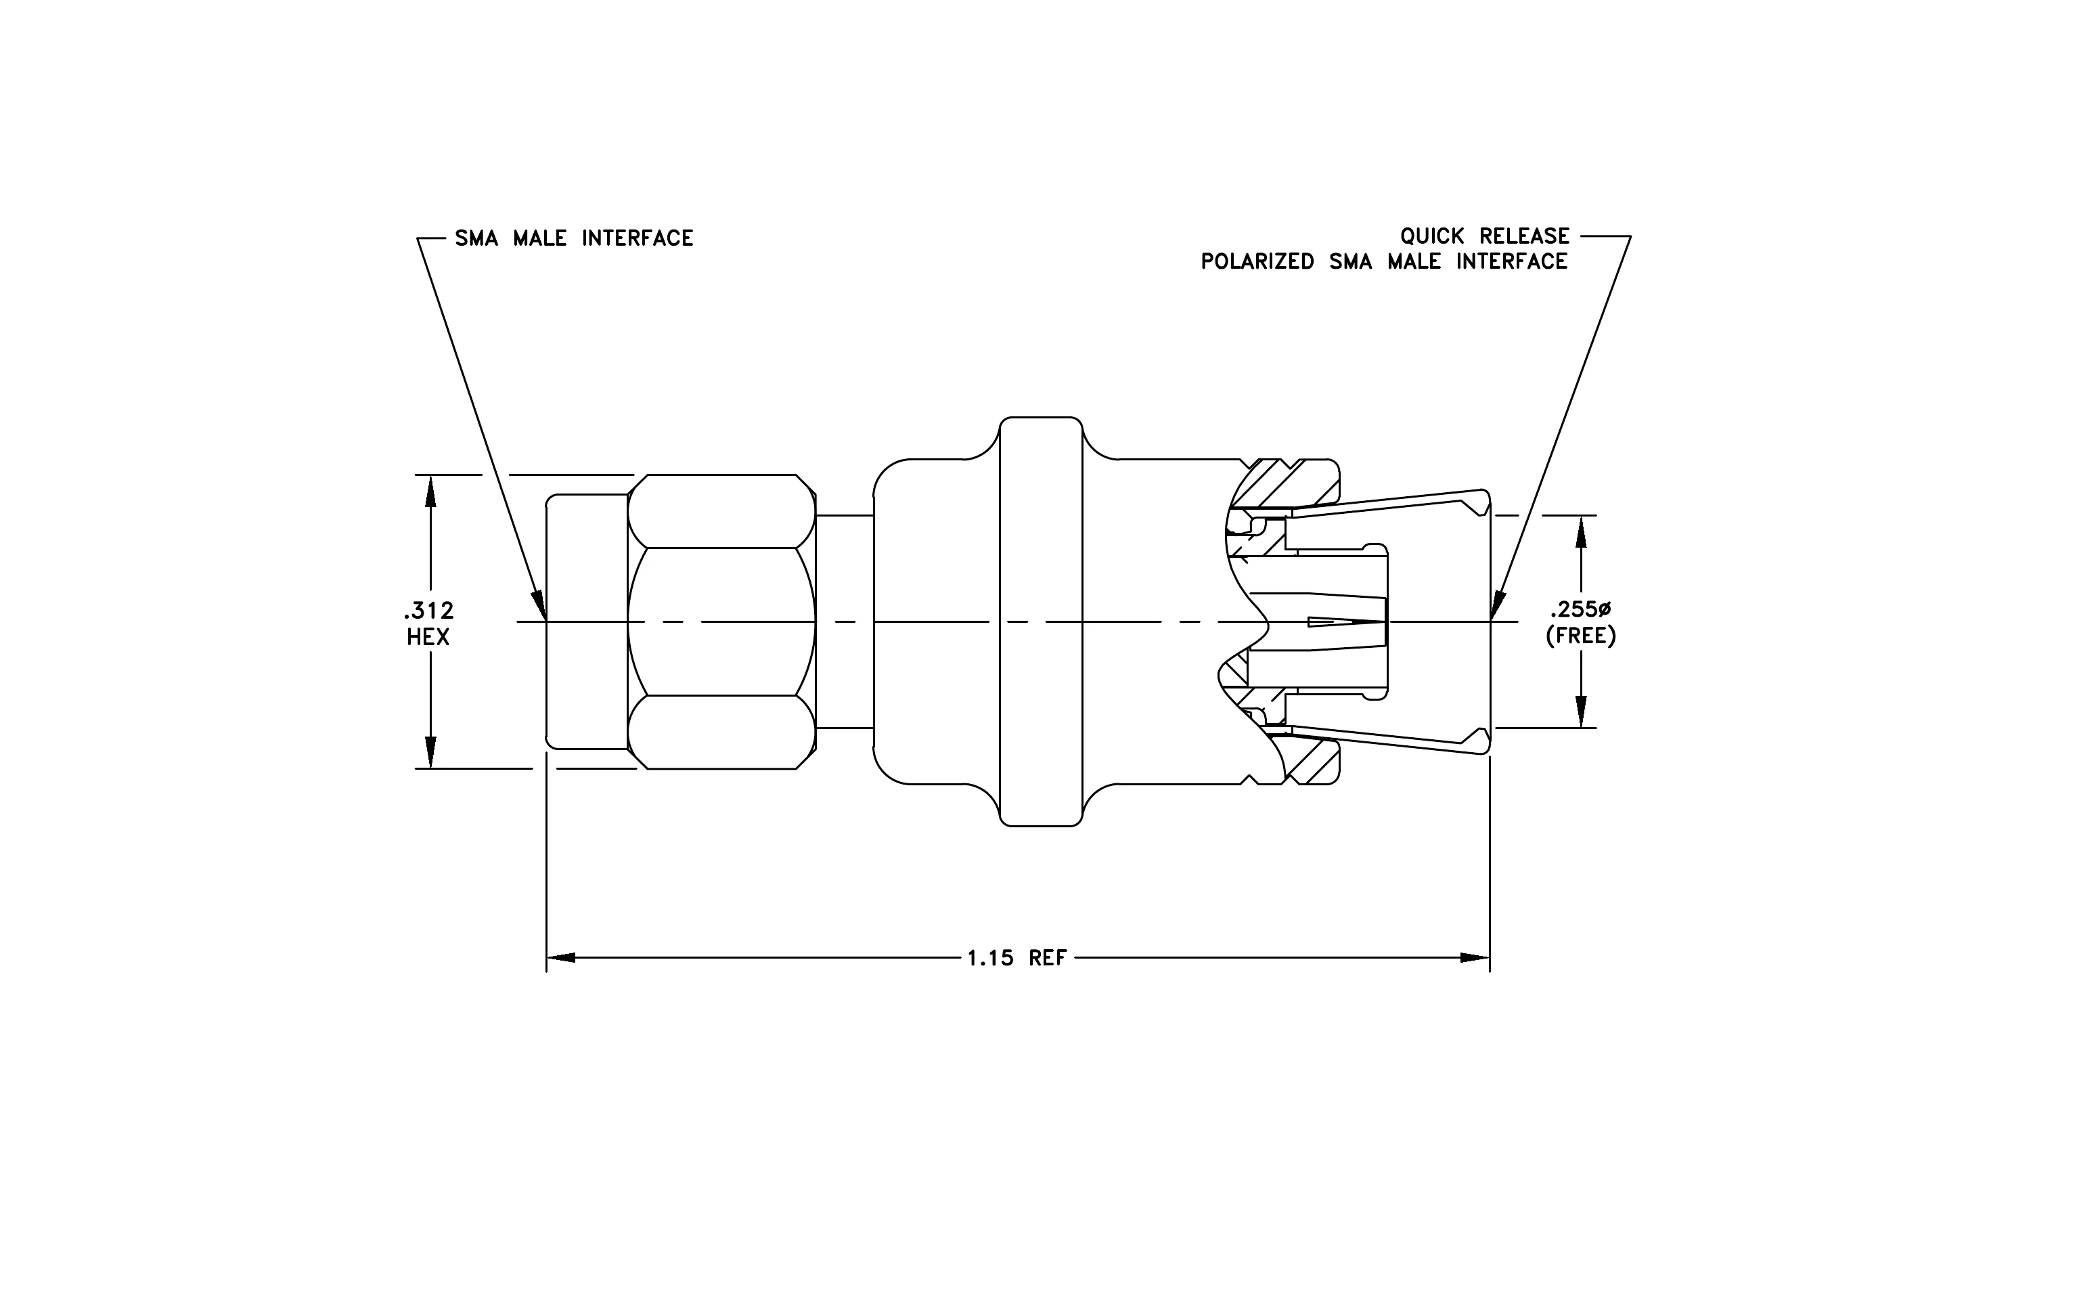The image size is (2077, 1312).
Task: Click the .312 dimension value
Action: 428,611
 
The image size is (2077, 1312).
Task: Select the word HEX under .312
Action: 428,638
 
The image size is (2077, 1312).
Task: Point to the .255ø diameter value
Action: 1580,610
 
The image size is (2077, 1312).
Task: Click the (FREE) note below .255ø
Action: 1580,636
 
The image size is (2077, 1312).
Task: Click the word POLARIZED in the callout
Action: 1257,261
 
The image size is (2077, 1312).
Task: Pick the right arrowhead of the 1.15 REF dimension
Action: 1475,957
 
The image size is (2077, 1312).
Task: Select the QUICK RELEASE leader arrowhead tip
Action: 1492,619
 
